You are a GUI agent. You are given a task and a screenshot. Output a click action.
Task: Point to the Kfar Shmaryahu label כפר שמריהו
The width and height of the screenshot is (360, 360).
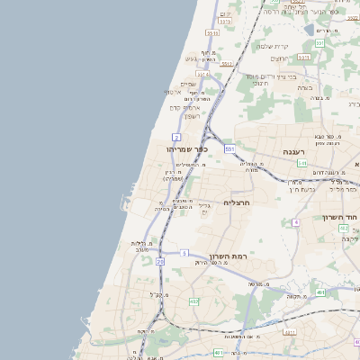click(x=187, y=148)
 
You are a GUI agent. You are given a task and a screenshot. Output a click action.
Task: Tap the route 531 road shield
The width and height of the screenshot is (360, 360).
click(x=229, y=148)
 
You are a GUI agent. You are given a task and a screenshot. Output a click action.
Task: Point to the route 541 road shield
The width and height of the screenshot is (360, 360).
click(x=302, y=164)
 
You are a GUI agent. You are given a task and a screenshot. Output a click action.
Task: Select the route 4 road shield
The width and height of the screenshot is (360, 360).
click(x=295, y=220)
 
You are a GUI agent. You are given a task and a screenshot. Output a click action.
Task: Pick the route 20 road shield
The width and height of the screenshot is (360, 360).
click(x=160, y=261)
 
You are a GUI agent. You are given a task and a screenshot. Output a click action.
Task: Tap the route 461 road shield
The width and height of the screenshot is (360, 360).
click(x=320, y=292)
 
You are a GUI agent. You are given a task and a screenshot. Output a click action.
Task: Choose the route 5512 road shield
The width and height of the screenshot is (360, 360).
click(x=212, y=33)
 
